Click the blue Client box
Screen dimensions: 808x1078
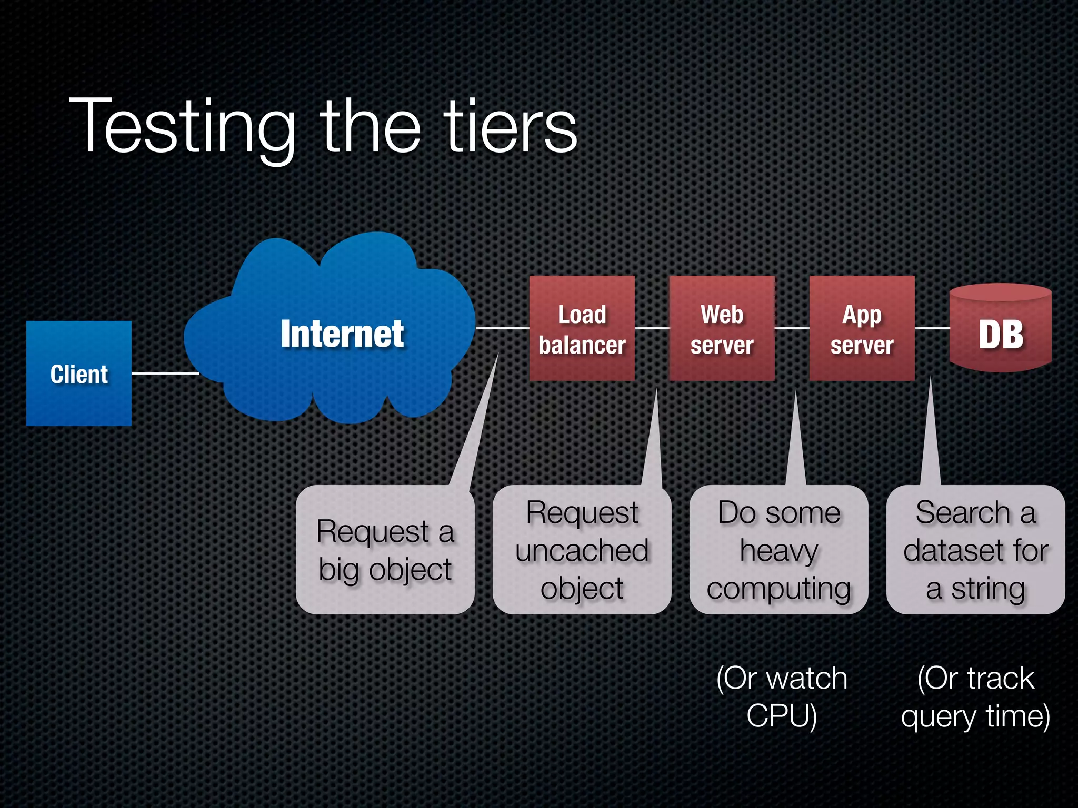click(79, 373)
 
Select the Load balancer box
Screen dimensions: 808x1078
click(582, 328)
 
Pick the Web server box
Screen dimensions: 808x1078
click(722, 328)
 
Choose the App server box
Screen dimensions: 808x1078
click(862, 328)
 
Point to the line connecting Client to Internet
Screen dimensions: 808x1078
click(164, 373)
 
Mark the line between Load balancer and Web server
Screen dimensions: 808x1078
click(652, 328)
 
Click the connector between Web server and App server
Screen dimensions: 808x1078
click(792, 328)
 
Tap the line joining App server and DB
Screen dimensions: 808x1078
click(932, 328)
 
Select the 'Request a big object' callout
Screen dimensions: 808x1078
click(385, 549)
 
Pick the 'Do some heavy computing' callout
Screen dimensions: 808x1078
click(778, 549)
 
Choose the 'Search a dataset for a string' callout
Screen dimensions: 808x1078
click(975, 549)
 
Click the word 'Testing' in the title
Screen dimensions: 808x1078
click(182, 126)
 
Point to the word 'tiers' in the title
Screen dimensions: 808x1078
click(511, 126)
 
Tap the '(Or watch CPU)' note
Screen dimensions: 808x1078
click(782, 696)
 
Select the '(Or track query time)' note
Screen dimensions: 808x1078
click(975, 696)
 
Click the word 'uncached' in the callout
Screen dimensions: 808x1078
click(582, 551)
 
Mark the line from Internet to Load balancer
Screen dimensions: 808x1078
click(502, 328)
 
